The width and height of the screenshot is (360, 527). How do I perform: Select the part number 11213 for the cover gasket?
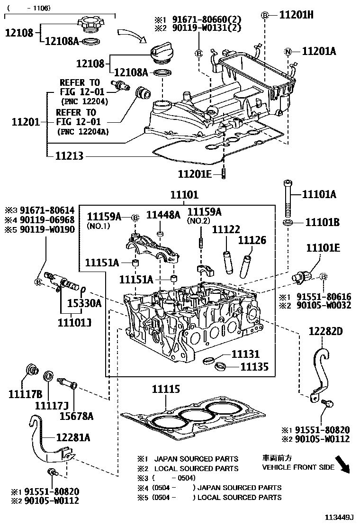70,155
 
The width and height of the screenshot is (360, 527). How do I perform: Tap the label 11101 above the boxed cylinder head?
184,195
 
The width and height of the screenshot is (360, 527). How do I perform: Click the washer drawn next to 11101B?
288,222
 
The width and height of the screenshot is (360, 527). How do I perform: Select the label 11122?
226,230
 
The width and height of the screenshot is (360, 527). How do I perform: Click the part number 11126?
252,240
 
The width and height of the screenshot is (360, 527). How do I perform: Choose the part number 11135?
254,366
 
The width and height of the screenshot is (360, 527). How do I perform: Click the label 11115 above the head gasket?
165,390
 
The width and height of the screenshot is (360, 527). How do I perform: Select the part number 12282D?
325,331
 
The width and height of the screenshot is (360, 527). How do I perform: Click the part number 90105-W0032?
323,305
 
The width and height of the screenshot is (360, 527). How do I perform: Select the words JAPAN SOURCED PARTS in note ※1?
196,459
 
